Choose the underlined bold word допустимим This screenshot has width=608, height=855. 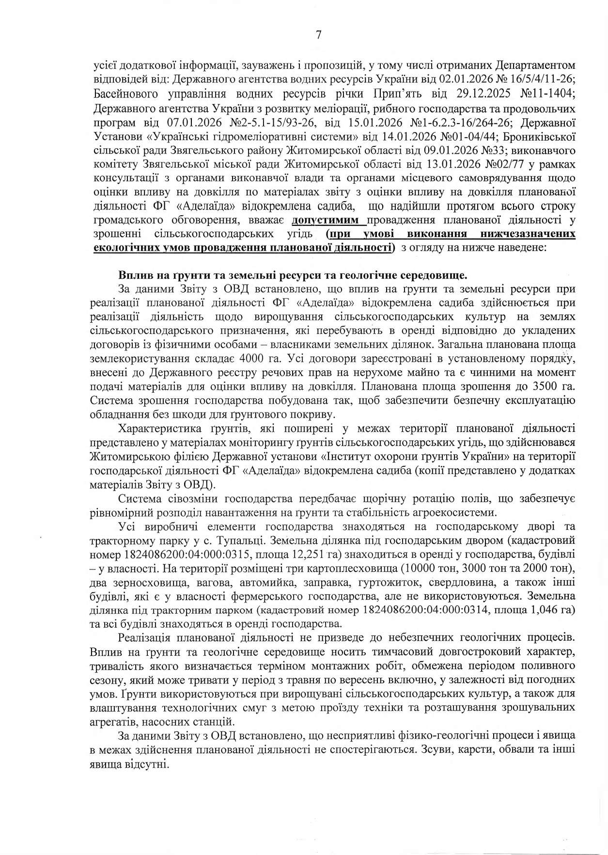(x=328, y=220)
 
